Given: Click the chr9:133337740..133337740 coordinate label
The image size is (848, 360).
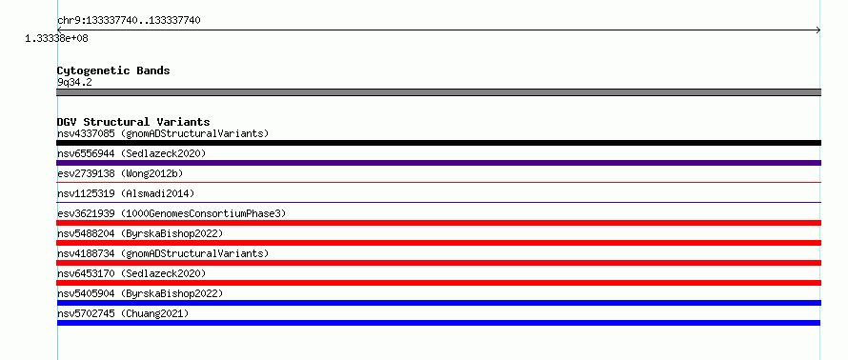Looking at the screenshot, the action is [x=129, y=21].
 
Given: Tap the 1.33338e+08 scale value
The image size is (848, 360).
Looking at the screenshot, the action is [x=56, y=39].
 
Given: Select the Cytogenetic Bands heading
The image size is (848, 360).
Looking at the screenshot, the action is [x=113, y=70].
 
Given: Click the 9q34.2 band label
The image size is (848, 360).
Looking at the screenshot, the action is [x=74, y=82].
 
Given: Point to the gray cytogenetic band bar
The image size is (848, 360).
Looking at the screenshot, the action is [x=438, y=92].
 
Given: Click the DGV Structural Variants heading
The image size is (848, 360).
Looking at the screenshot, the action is [x=133, y=122].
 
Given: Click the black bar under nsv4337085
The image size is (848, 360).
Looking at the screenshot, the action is [x=438, y=143].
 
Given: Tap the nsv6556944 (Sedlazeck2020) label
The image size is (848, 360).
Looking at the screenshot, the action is [x=131, y=153].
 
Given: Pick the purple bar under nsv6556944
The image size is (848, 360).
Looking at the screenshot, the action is [x=438, y=163].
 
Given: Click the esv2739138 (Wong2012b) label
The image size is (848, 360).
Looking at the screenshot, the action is [x=120, y=173].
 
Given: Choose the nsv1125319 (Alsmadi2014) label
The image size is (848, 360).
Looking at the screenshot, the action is [x=126, y=193].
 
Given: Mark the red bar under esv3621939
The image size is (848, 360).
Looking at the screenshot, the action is [x=438, y=223].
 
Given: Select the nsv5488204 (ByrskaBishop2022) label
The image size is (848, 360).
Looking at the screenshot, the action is [x=140, y=233].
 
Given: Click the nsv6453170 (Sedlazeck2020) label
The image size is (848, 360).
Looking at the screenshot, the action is [x=131, y=273].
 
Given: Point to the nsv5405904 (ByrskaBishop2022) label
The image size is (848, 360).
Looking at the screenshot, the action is [x=140, y=293].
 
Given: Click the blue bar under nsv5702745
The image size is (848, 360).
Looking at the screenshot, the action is [x=438, y=323].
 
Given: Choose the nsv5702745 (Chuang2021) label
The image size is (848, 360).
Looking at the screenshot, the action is [x=123, y=313].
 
